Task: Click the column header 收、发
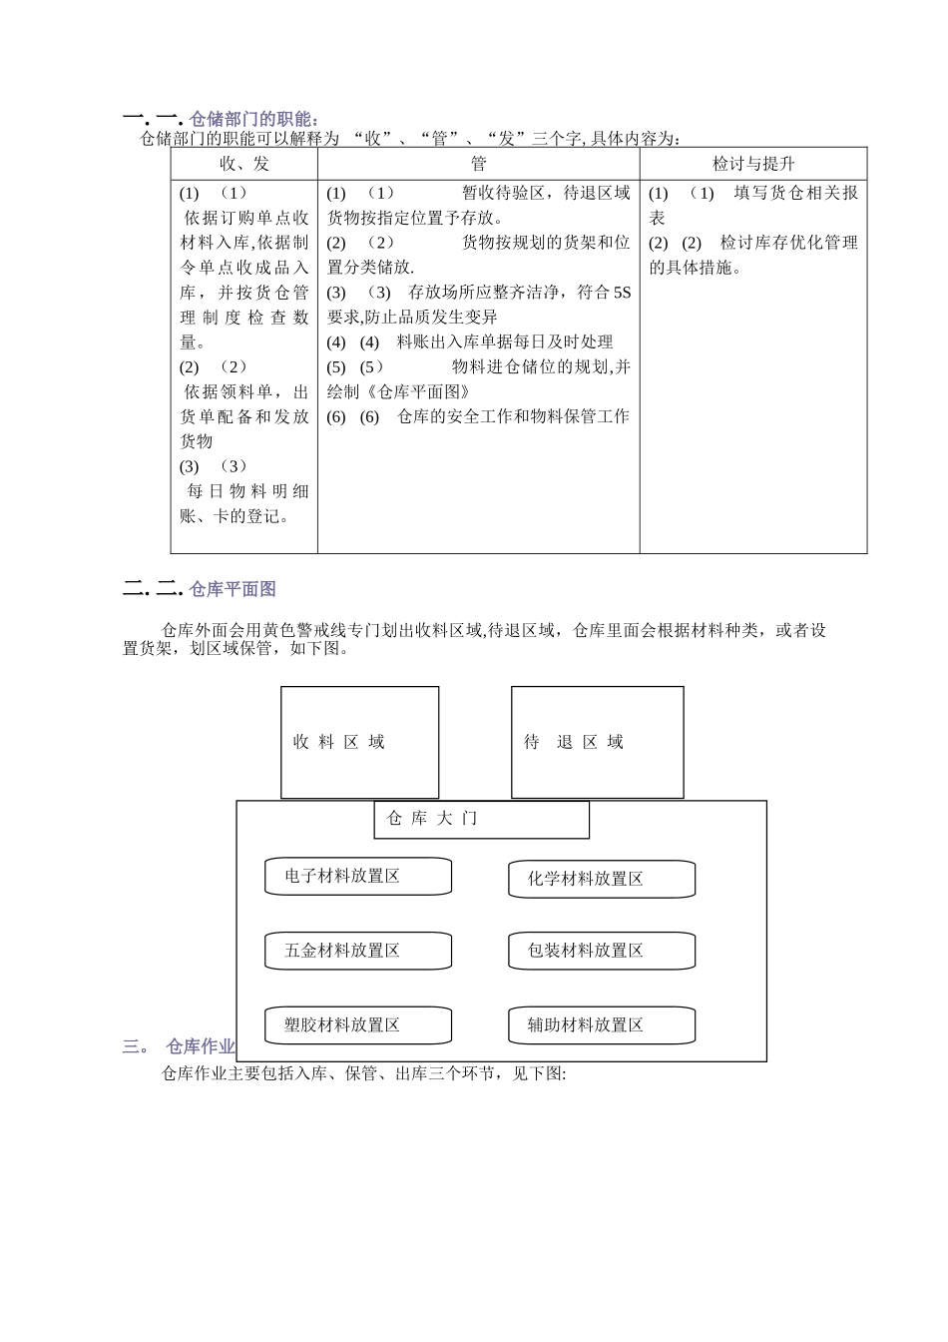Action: [243, 164]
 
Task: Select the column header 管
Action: [478, 164]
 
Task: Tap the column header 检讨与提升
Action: [753, 164]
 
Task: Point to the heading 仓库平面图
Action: [233, 589]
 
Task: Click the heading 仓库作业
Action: [201, 1046]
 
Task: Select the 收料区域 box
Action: [359, 742]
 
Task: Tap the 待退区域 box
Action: [597, 742]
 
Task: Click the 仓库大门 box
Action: [481, 819]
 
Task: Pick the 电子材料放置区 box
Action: [357, 876]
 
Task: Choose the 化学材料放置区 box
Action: [601, 879]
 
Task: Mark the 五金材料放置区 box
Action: [357, 951]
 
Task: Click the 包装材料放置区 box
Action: [601, 951]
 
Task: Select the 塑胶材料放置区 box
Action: [357, 1024]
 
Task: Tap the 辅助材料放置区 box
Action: [601, 1024]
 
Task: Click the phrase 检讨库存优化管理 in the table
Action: [788, 243]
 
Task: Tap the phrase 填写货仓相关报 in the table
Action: [795, 193]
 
